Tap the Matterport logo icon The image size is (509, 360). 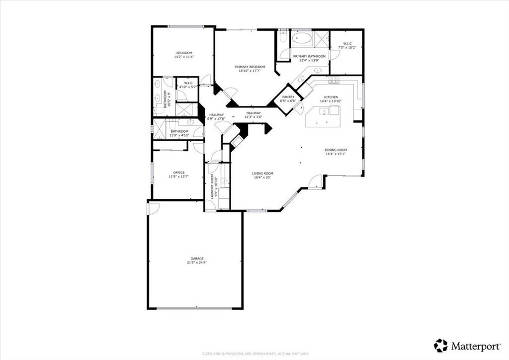[x=440, y=345]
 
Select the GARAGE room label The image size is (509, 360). [x=197, y=259]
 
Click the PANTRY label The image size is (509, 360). [x=288, y=97]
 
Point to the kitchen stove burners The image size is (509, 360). [x=333, y=81]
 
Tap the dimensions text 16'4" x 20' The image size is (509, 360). [x=262, y=177]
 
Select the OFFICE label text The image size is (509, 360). [x=179, y=173]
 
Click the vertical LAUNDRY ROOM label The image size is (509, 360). [x=212, y=186]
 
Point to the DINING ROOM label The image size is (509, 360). [x=336, y=150]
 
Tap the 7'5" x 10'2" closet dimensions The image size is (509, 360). [x=347, y=47]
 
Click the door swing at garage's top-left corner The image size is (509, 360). [x=152, y=208]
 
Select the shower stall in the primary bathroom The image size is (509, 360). [x=321, y=38]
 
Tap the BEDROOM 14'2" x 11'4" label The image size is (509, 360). [x=183, y=55]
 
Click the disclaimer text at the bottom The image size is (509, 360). [x=254, y=354]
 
